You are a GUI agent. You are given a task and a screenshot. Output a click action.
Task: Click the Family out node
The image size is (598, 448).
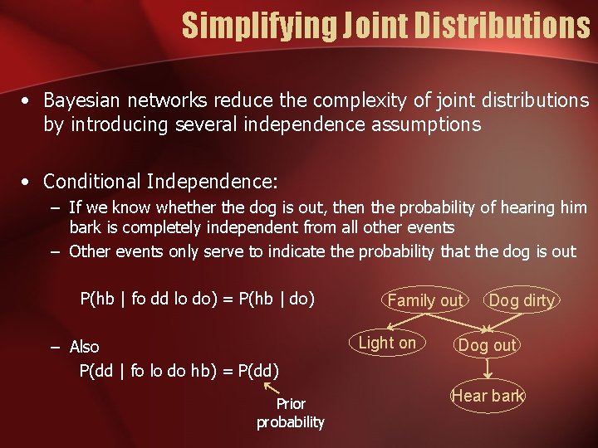pyautogui.click(x=425, y=300)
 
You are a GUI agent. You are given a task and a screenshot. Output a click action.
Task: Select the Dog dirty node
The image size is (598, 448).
pyautogui.click(x=522, y=300)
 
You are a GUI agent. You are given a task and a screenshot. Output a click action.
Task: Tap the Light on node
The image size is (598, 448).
pyautogui.click(x=387, y=343)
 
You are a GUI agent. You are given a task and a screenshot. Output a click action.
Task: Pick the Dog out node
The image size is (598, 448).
pyautogui.click(x=488, y=345)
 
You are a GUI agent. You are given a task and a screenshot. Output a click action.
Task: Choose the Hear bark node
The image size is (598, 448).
pyautogui.click(x=488, y=396)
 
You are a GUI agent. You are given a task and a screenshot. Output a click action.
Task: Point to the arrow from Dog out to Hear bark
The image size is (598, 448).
pyautogui.click(x=488, y=370)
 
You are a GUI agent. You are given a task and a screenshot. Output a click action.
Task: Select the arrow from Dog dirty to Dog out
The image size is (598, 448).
pyautogui.click(x=505, y=323)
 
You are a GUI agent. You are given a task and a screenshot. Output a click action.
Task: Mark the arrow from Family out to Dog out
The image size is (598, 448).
pyautogui.click(x=457, y=323)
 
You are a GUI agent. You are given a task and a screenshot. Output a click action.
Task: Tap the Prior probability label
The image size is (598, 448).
pyautogui.click(x=291, y=413)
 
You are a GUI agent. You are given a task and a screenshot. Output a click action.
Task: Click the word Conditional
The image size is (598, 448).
pyautogui.click(x=92, y=180)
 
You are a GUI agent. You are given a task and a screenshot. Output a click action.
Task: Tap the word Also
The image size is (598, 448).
pyautogui.click(x=84, y=347)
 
